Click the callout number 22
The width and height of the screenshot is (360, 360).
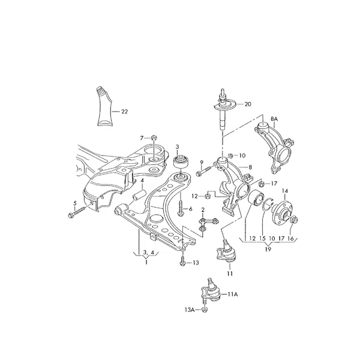pos(124,112)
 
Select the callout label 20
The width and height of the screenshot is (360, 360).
pos(248,104)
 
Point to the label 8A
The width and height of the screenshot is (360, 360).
pos(274,119)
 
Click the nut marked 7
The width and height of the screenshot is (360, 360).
pos(154,138)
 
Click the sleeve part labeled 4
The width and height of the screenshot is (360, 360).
pos(139,195)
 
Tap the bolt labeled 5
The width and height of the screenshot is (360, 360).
pos(77,212)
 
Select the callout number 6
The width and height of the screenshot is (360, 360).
pos(191,209)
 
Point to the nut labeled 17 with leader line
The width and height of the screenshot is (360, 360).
pos(261,184)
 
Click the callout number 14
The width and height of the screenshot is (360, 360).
pos(285,191)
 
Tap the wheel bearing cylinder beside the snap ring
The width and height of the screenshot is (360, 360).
pos(256,199)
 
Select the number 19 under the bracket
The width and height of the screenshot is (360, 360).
pos(268,249)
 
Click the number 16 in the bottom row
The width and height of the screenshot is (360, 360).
pos(290,239)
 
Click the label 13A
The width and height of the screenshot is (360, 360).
pos(190,310)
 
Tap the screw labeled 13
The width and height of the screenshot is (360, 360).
pos(182,260)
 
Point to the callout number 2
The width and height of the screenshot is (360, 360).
pos(203,209)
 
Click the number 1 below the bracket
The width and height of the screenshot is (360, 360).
pos(146,262)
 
